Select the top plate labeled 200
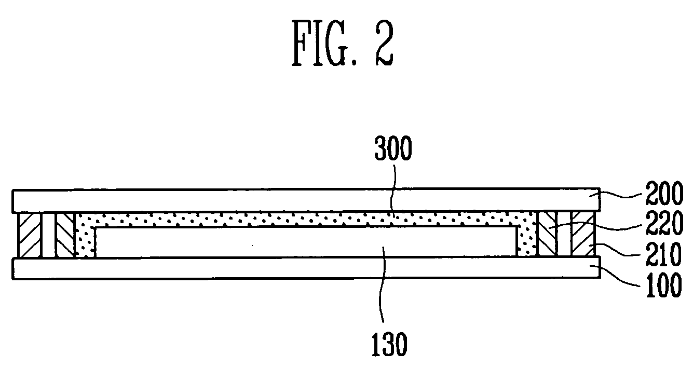(306, 200)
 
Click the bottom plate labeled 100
(306, 268)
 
